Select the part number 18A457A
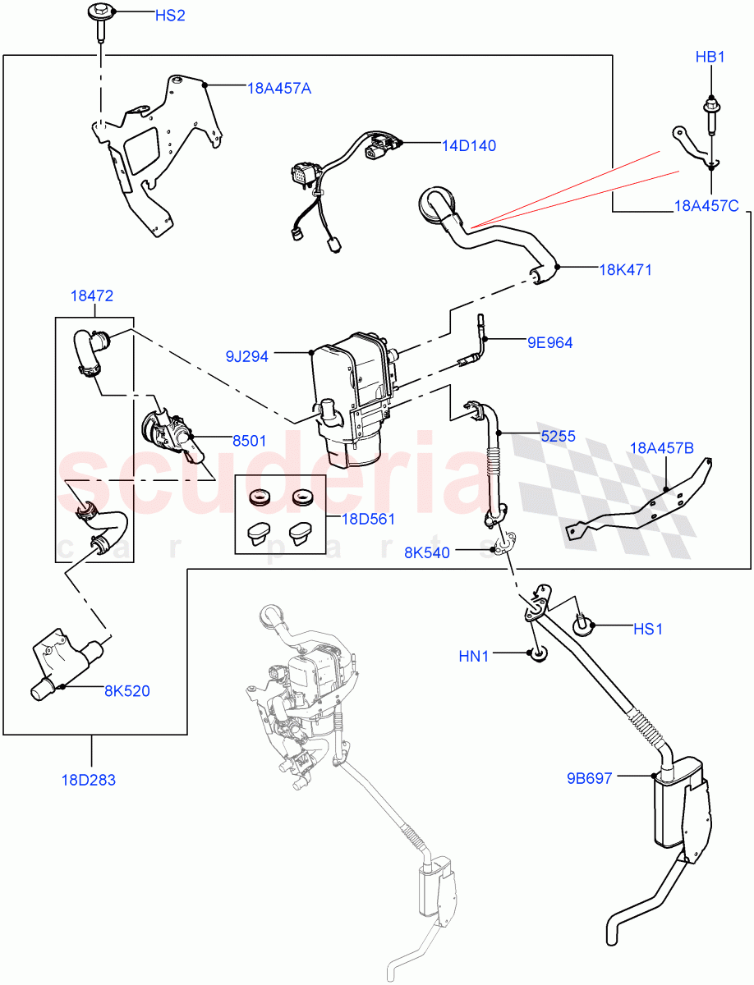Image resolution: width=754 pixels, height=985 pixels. (x=278, y=88)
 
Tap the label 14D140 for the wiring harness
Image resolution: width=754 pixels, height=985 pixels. (x=469, y=145)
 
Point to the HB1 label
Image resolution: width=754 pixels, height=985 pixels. (x=710, y=57)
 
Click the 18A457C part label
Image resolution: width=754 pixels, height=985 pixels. (x=706, y=206)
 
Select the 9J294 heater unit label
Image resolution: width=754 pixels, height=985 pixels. (x=248, y=356)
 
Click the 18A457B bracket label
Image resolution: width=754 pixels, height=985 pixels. (x=662, y=447)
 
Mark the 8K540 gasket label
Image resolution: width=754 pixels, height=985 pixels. (x=426, y=552)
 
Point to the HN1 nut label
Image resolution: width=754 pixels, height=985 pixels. (x=474, y=656)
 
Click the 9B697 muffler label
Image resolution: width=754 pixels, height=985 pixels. (x=588, y=778)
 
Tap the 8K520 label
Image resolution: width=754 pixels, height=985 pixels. (x=126, y=691)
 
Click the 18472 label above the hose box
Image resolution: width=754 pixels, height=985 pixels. (x=92, y=295)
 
